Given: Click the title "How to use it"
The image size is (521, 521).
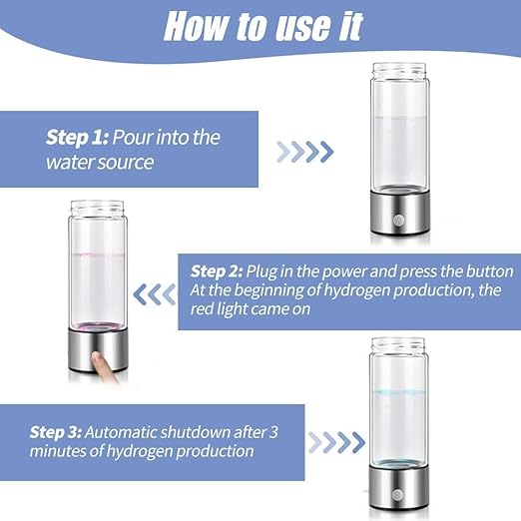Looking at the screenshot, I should coord(262,27).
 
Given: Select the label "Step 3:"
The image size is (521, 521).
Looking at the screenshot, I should coord(55,431).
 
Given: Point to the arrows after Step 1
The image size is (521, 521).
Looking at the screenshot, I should coord(304,152).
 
